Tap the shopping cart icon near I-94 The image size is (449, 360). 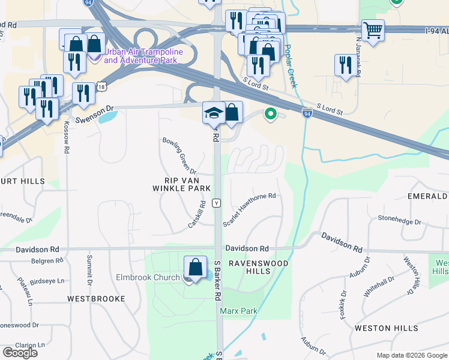point(373,29)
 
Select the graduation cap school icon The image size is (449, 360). point(213,112)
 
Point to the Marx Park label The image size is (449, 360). point(238,311)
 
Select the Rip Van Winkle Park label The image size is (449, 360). point(187,184)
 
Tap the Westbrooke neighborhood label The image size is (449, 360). point(96,298)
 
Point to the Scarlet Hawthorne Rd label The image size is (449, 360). point(249,209)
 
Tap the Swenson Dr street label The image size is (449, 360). point(94,109)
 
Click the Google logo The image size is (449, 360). point(20,352)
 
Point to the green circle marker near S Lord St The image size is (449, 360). point(271,112)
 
